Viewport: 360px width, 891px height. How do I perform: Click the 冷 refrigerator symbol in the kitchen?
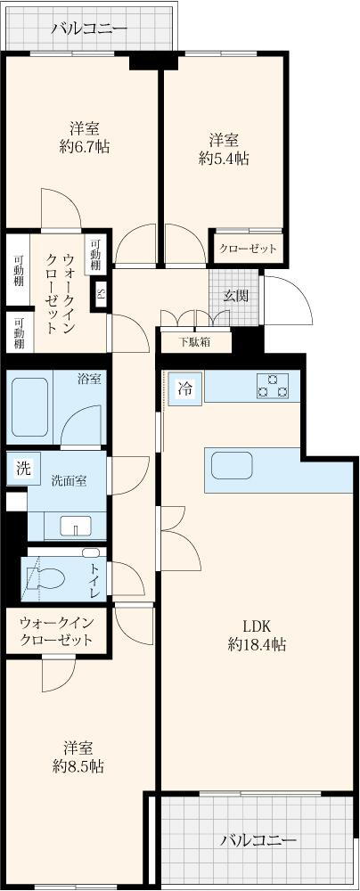pos(185,388)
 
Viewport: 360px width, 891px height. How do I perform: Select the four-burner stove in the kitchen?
pos(273,386)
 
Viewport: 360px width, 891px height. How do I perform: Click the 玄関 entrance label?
pos(235,296)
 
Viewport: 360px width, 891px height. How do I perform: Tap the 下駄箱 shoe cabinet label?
pos(194,341)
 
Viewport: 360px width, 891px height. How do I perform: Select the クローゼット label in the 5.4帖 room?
pos(248,249)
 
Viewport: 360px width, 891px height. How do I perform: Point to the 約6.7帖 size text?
pos(84,147)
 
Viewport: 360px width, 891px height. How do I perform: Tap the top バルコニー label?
pos(88,29)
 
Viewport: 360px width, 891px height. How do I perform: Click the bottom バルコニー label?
pos(258,839)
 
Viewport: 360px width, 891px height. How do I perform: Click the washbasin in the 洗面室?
pos(77,526)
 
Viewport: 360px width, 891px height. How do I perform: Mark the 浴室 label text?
pos(89,379)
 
